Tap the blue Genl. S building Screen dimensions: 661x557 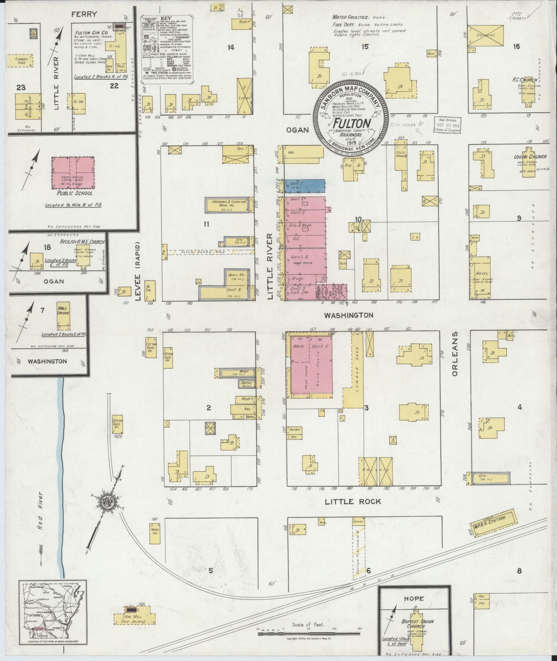[x=304, y=186]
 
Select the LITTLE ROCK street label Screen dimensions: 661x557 [x=352, y=501]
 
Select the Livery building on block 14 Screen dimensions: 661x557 [x=244, y=94]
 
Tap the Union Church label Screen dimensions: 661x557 [x=530, y=157]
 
